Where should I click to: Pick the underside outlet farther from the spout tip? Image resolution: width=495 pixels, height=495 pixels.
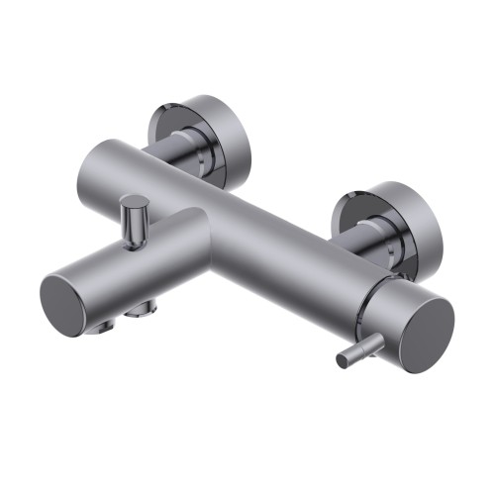click(x=142, y=311)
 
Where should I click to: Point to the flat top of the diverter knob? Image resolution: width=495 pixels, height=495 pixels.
click(x=136, y=204)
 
